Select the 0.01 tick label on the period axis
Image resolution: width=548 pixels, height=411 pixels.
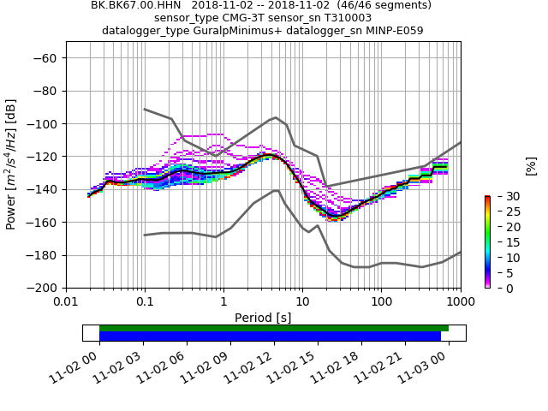tap(66, 302)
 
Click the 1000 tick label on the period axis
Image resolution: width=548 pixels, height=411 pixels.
tap(460, 302)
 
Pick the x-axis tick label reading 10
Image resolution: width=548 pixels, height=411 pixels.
tap(302, 302)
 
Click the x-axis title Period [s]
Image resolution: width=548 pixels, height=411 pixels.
tap(263, 318)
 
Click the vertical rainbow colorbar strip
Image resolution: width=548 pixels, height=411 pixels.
tap(487, 241)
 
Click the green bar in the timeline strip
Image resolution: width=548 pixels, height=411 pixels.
tap(274, 328)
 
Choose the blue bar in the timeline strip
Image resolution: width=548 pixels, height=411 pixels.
tap(270, 337)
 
